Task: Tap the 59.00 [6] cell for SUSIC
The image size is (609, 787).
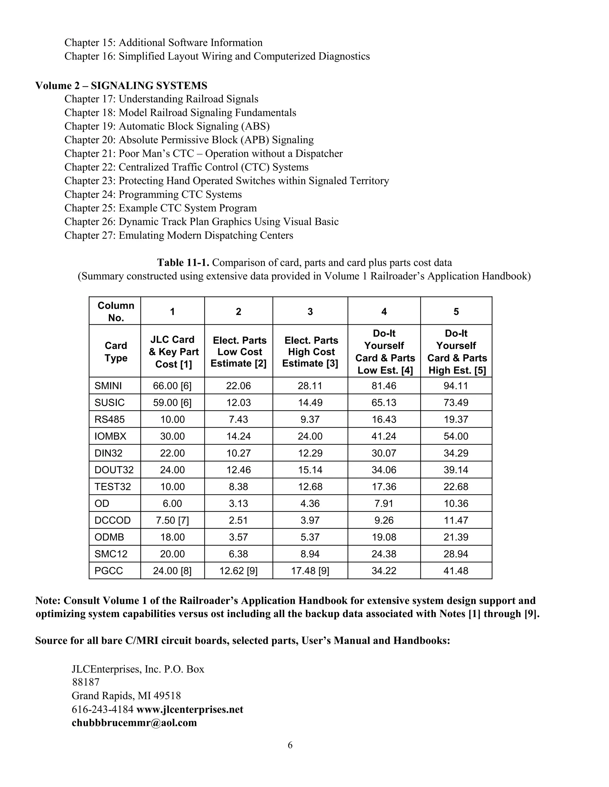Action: [x=172, y=402]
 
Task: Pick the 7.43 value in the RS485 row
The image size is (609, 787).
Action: [x=238, y=419]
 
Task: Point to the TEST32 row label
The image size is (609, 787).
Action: [x=113, y=486]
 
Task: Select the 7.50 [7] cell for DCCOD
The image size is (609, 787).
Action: [x=172, y=520]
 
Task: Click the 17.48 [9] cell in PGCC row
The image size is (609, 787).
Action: [x=310, y=571]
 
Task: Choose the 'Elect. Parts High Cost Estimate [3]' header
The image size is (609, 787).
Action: [x=310, y=352]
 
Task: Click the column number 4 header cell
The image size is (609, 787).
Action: [x=384, y=311]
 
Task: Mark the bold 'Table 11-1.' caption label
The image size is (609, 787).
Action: [x=183, y=263]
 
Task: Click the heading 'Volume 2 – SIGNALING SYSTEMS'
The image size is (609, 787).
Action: [x=121, y=86]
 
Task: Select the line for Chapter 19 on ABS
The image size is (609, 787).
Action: [x=167, y=126]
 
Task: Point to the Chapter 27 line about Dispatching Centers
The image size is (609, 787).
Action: [x=179, y=235]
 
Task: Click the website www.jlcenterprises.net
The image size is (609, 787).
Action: [x=190, y=709]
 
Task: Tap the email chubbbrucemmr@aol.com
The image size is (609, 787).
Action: [x=134, y=723]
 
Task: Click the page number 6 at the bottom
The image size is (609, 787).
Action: [x=290, y=745]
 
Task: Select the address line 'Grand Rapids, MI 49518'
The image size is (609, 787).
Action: [x=126, y=696]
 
